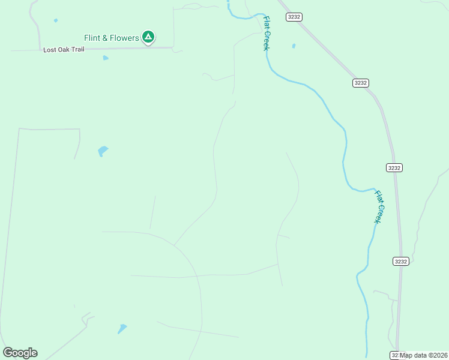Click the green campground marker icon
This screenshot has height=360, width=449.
coord(148,37)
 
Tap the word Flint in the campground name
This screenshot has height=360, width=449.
coord(94,38)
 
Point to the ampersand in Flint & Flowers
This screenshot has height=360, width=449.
coord(105,38)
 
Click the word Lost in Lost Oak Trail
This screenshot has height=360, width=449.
coord(50,50)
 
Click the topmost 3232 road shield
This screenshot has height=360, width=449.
coord(294,17)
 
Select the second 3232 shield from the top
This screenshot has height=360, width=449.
coord(360,83)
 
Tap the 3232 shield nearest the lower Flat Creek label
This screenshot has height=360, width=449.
coord(394,167)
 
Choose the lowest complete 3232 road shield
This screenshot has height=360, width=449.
coord(401,261)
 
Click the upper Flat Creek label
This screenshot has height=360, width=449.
coord(267,34)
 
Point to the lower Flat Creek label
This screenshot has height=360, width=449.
coord(379,207)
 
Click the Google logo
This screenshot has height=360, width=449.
coord(20,353)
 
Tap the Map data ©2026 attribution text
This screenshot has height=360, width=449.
coord(424,355)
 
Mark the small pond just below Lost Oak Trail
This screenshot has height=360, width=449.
coord(106,58)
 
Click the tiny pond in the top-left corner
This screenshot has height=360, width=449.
coord(56,20)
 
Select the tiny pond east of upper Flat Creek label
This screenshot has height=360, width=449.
coord(294,46)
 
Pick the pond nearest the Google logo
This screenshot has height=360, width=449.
coord(122,328)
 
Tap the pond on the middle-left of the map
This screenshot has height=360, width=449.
coord(103,151)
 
